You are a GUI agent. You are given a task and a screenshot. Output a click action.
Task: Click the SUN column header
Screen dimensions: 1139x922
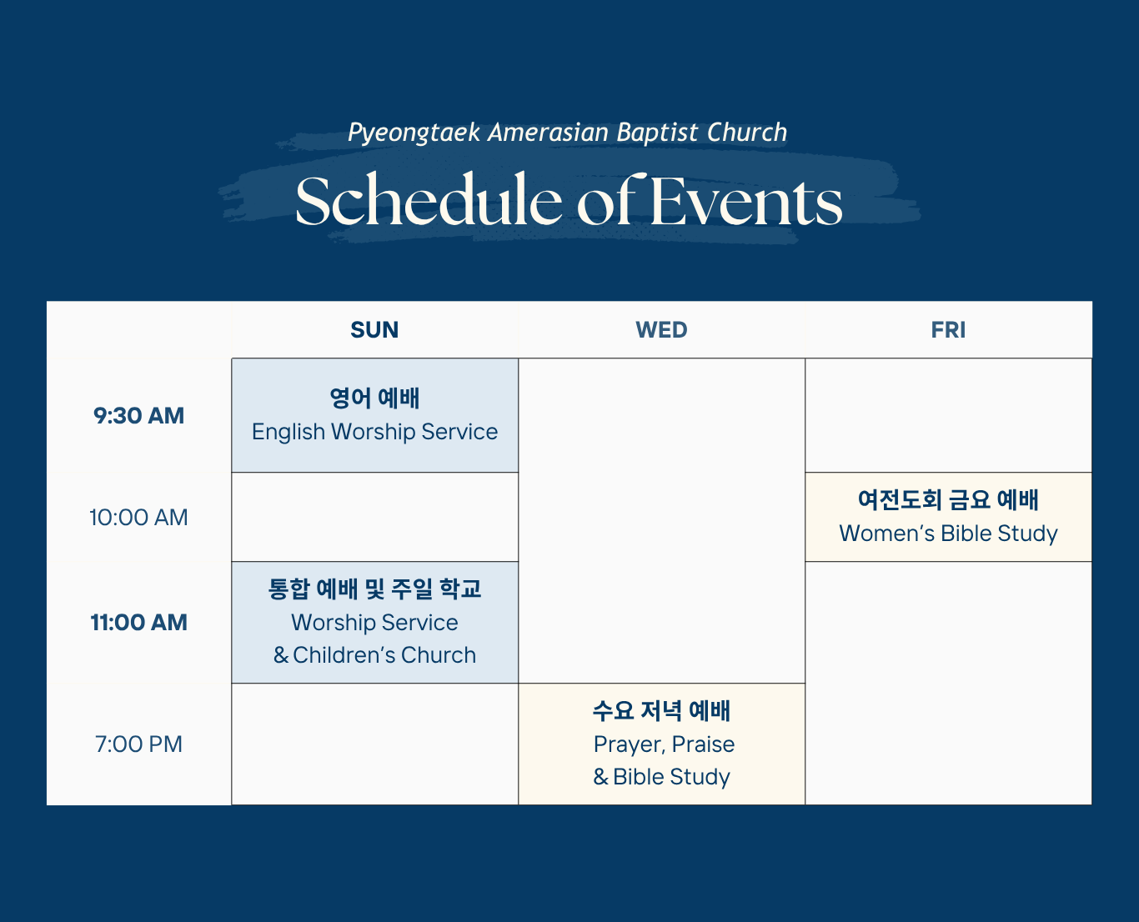[374, 330]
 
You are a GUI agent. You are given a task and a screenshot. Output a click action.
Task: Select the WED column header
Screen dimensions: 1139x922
[661, 330]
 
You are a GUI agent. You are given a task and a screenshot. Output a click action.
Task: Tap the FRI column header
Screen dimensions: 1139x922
[948, 330]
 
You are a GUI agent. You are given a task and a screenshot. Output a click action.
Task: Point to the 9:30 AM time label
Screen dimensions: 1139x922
[138, 415]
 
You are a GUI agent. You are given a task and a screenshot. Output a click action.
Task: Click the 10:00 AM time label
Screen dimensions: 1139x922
[138, 518]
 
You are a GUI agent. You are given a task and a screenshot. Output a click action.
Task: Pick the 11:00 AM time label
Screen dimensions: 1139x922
[138, 622]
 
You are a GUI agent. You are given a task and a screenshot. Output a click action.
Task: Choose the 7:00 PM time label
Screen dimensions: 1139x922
[138, 744]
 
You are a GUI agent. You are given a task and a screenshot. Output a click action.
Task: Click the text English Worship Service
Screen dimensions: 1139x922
[375, 432]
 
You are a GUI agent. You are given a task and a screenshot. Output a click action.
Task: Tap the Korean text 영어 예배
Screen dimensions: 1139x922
[374, 398]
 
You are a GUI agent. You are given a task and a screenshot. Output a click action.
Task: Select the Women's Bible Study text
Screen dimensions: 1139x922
[948, 534]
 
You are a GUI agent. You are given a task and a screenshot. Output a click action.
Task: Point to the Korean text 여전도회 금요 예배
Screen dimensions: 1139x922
[948, 499]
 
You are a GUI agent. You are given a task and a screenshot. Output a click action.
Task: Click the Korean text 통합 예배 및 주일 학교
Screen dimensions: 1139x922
[374, 589]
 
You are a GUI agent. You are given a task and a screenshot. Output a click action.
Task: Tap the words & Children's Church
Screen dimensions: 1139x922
[374, 654]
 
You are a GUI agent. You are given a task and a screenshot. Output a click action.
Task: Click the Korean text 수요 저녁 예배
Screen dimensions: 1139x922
[661, 711]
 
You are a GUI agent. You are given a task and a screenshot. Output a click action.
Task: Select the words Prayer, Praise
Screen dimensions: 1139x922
[664, 744]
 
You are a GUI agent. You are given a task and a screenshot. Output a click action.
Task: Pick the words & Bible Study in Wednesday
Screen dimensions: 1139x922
[661, 777]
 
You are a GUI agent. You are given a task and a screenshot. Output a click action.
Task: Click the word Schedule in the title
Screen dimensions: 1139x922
[429, 200]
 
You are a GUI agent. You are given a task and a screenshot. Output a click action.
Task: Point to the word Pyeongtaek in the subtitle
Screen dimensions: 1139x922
[414, 133]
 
